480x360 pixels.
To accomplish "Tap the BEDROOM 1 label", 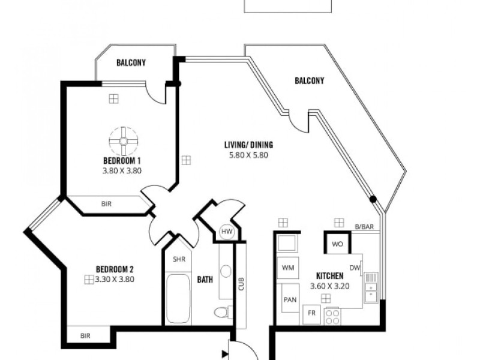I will click(122, 160).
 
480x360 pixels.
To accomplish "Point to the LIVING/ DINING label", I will click(248, 145).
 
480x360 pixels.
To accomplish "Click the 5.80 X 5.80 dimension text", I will click(248, 154).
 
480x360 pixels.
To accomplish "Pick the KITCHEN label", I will click(329, 276).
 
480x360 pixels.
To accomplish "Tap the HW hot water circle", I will click(226, 232).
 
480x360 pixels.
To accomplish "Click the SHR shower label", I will click(178, 259).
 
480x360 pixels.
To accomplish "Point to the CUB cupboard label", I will click(241, 284).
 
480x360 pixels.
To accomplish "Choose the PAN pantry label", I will click(290, 300).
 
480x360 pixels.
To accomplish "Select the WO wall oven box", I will click(337, 244).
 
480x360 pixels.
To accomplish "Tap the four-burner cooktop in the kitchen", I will click(332, 316).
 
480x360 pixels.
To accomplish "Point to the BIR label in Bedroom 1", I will click(106, 204).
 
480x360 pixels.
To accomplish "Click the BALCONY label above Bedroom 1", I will click(131, 62).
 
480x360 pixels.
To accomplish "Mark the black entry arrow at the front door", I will click(225, 353).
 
